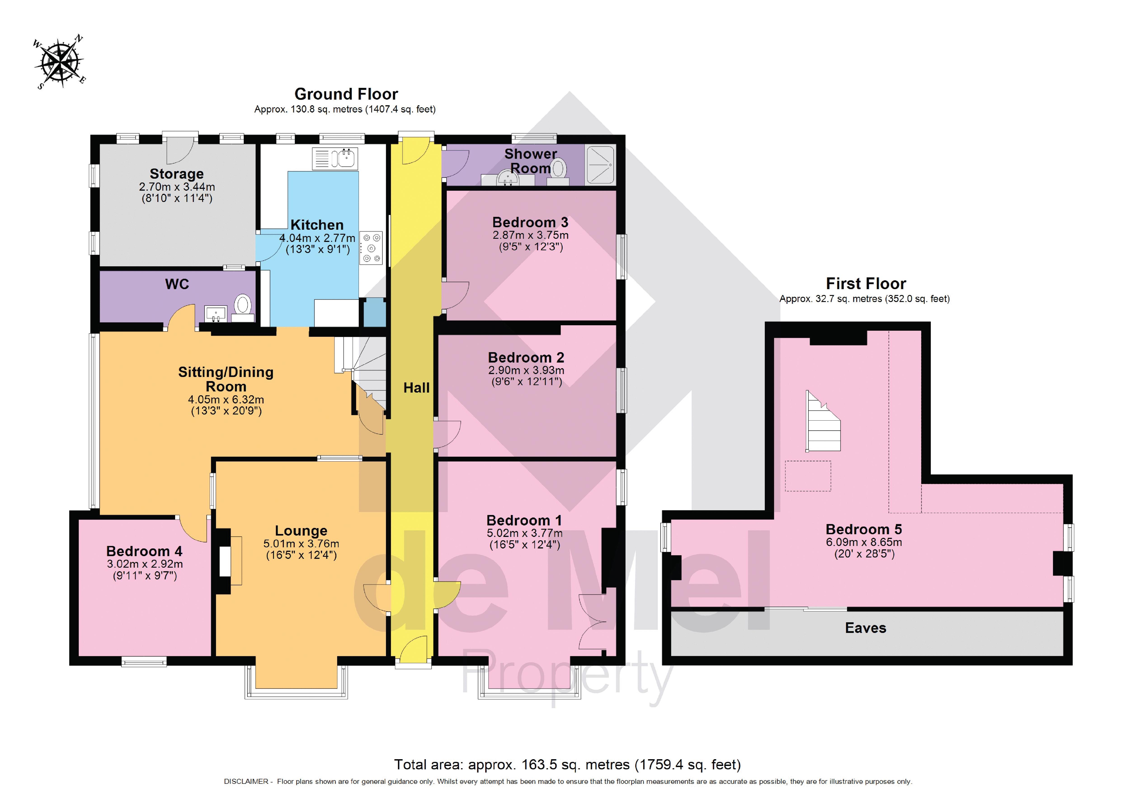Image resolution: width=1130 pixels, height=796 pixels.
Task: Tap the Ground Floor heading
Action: (346, 94)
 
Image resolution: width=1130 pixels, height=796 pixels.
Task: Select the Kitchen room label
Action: (317, 225)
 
